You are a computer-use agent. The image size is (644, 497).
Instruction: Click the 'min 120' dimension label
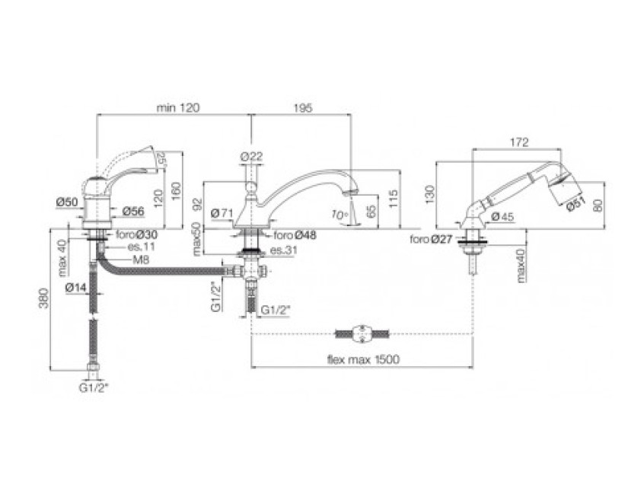(177, 108)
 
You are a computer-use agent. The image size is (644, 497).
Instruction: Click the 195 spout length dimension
(302, 108)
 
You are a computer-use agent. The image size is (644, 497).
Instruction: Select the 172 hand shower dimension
(520, 142)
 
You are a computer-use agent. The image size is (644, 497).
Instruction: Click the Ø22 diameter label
(251, 155)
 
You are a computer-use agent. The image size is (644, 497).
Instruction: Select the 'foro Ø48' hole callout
(295, 235)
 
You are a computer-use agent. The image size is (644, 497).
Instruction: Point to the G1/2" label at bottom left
(94, 387)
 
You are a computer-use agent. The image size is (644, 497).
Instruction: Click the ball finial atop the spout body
(251, 185)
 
